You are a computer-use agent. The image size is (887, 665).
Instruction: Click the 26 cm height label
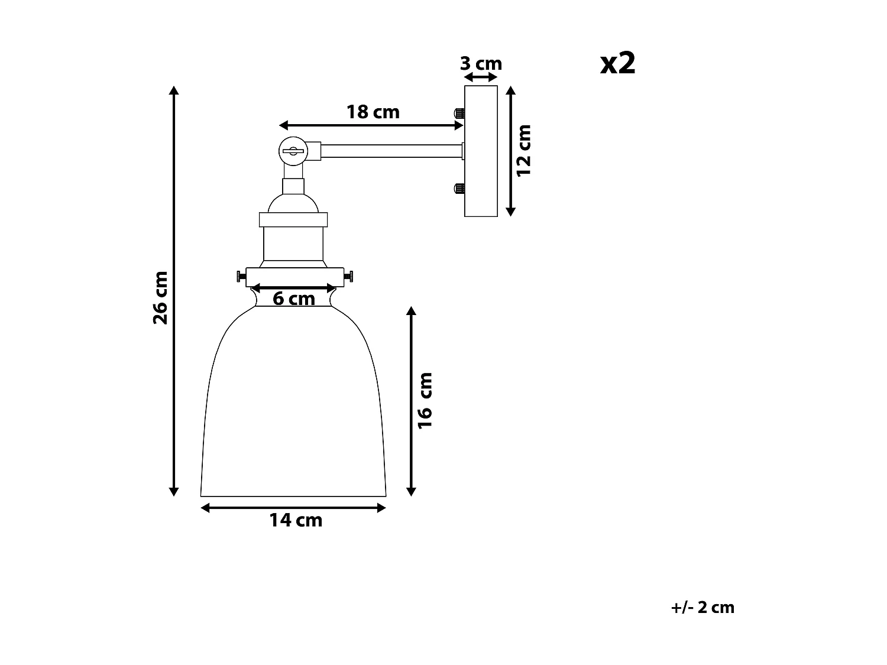coord(161,297)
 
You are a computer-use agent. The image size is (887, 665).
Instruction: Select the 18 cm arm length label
coord(373,112)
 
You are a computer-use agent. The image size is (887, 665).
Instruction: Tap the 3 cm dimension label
coord(481,64)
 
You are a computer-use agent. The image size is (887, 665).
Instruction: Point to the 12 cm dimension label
coord(525,150)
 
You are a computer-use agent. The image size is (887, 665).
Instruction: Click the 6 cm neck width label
coord(293,299)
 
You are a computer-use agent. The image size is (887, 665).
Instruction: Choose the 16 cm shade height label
coord(426,400)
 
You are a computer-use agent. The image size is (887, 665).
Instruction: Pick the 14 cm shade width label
coord(296,520)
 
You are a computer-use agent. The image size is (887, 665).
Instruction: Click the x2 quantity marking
coord(618,63)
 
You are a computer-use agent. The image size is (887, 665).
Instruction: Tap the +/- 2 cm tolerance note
coord(703,607)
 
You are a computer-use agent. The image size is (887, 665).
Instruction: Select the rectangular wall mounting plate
coord(481,151)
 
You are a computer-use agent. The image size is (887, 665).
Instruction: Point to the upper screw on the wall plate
coord(458,112)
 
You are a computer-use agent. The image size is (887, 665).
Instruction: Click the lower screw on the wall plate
coord(458,189)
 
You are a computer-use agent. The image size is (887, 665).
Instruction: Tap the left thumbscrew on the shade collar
coord(240,276)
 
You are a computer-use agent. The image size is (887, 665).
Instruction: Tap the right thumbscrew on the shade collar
coord(349,276)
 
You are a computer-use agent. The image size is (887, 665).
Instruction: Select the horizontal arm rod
coord(390,151)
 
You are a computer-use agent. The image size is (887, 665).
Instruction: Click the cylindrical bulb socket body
coord(293,244)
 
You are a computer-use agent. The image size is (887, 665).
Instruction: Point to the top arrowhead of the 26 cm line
coord(174,90)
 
